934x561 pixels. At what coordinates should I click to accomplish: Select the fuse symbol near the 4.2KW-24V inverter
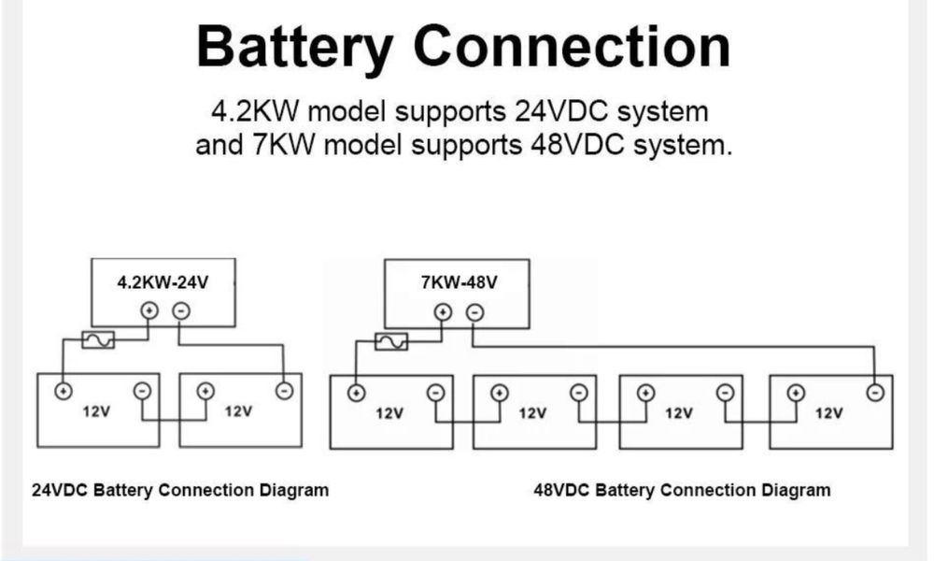click(x=98, y=340)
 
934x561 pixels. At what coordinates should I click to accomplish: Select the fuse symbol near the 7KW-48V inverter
click(x=391, y=341)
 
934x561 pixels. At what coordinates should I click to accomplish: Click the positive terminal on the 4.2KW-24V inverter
click(x=148, y=311)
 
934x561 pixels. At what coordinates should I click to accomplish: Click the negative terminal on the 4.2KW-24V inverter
click(x=180, y=311)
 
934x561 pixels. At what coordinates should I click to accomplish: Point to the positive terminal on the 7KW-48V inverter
click(x=443, y=312)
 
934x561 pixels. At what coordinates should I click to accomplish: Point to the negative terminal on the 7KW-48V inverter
click(x=474, y=312)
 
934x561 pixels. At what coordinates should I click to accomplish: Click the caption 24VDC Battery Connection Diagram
click(x=180, y=490)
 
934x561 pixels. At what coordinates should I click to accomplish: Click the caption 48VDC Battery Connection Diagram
click(x=682, y=490)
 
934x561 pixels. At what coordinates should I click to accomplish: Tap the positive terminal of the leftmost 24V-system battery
click(x=63, y=391)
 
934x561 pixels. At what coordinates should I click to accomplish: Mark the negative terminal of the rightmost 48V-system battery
click(x=875, y=392)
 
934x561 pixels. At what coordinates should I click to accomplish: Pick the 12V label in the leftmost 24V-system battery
click(x=98, y=411)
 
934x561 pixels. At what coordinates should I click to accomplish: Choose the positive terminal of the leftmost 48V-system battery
click(x=356, y=393)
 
